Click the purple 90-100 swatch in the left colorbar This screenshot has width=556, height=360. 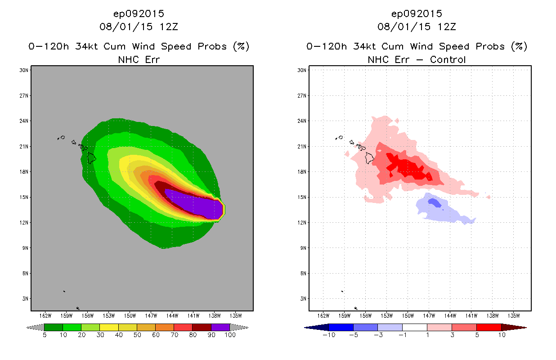(220, 327)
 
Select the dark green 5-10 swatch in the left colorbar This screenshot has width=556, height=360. (53, 327)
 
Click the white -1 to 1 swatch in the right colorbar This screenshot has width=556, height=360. (414, 327)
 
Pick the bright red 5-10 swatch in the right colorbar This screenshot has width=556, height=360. (488, 327)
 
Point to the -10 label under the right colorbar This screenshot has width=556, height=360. (329, 335)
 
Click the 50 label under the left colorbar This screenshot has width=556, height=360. (137, 335)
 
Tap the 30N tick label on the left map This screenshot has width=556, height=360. (24, 70)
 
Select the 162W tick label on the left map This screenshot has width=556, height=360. (45, 315)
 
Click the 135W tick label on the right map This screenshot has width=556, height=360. (513, 315)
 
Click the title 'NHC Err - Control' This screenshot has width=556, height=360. (417, 59)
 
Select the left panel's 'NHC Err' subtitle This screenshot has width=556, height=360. (139, 59)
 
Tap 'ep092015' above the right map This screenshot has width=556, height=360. (417, 13)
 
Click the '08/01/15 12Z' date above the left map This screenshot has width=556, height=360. (139, 27)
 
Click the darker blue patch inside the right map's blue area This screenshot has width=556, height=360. (434, 203)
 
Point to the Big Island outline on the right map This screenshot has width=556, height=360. (370, 157)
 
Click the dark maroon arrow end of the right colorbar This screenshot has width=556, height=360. (513, 327)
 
